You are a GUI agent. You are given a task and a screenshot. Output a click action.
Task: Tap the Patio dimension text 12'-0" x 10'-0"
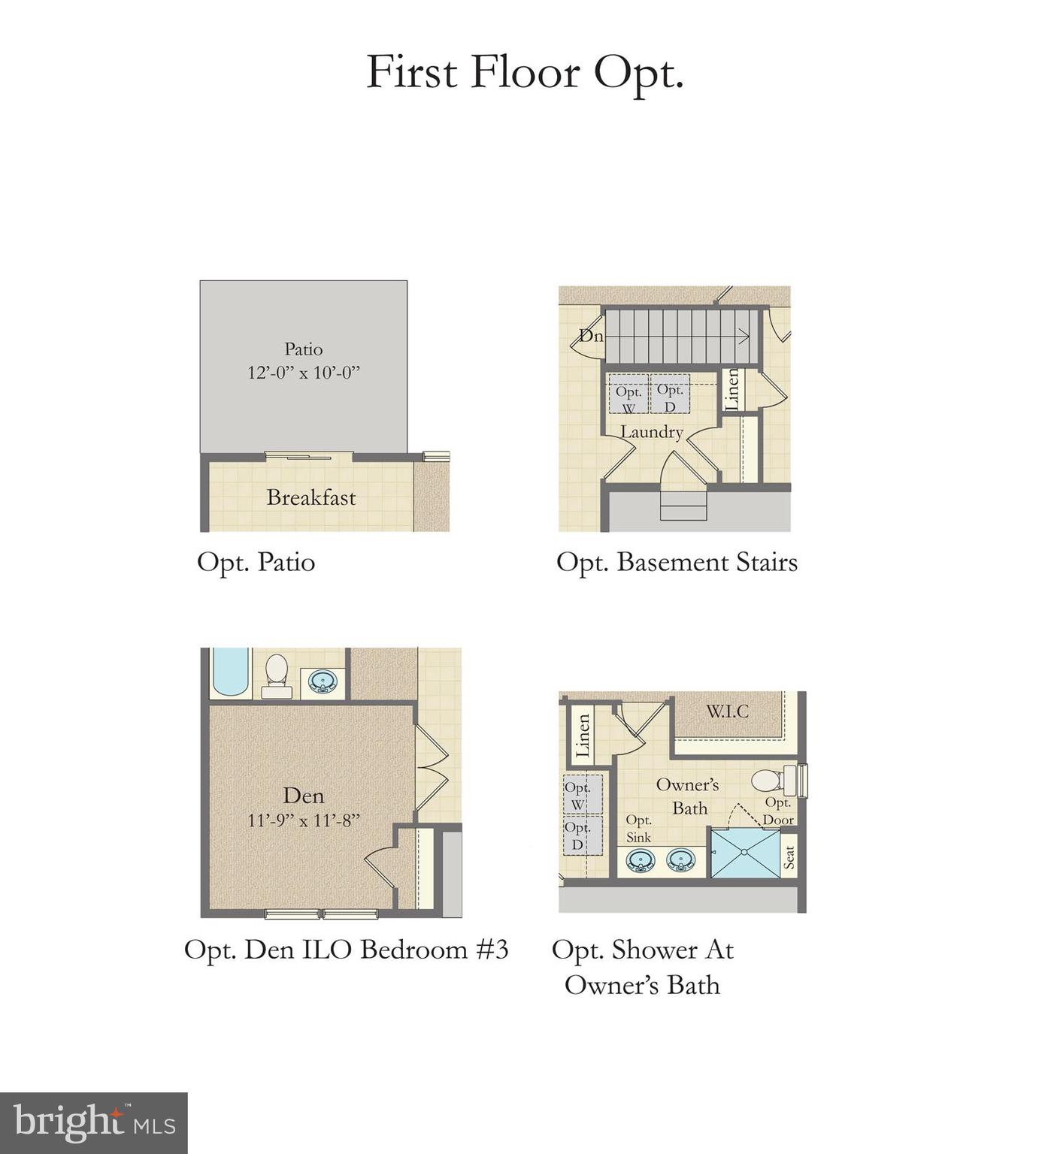pos(304,373)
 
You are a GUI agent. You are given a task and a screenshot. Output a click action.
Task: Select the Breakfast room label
pos(311,497)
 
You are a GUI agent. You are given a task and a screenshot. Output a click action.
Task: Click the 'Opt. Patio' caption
pos(256,562)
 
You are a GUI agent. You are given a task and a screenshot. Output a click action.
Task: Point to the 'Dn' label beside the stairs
pos(591,336)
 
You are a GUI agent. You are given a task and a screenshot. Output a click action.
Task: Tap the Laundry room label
pos(651,432)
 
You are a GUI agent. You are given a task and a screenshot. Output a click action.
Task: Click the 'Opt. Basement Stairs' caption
pos(677,562)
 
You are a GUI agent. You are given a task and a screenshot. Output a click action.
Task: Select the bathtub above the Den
pos(230,672)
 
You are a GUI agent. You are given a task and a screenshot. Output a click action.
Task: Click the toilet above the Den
pos(276,674)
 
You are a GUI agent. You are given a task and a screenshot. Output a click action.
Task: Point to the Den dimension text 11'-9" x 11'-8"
pos(304,820)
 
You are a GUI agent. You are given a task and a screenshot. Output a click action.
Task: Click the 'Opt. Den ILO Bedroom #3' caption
pos(347,950)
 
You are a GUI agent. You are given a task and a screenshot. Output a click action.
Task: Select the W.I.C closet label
pos(727,711)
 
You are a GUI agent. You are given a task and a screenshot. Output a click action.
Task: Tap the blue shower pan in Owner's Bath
pos(744,853)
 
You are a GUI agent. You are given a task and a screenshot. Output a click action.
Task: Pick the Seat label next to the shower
pos(789,857)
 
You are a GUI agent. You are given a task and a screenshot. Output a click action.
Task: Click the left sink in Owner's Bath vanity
pos(640,860)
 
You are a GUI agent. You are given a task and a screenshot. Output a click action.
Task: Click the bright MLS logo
pos(94,1123)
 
